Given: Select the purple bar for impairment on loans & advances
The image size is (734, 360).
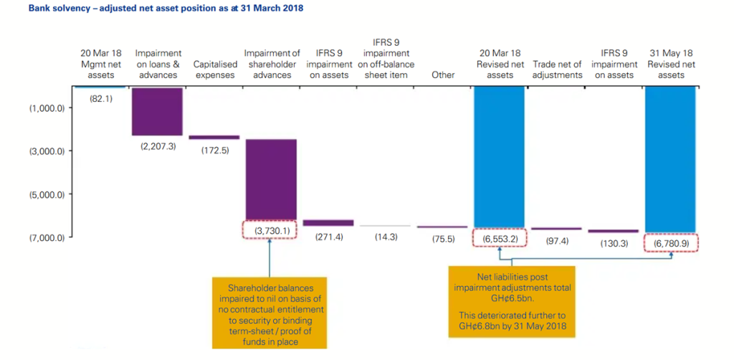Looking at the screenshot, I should tap(157, 111).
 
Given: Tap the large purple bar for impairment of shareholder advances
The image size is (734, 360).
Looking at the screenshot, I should tap(270, 179).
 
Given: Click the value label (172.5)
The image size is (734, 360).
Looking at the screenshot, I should tap(214, 148).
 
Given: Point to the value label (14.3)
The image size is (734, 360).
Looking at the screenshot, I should tap(386, 237).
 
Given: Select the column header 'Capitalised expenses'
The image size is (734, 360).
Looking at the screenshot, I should tap(214, 70).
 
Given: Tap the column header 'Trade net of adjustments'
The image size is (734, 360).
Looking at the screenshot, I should tap(557, 70).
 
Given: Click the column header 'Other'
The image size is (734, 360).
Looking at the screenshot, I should tap(443, 75).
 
